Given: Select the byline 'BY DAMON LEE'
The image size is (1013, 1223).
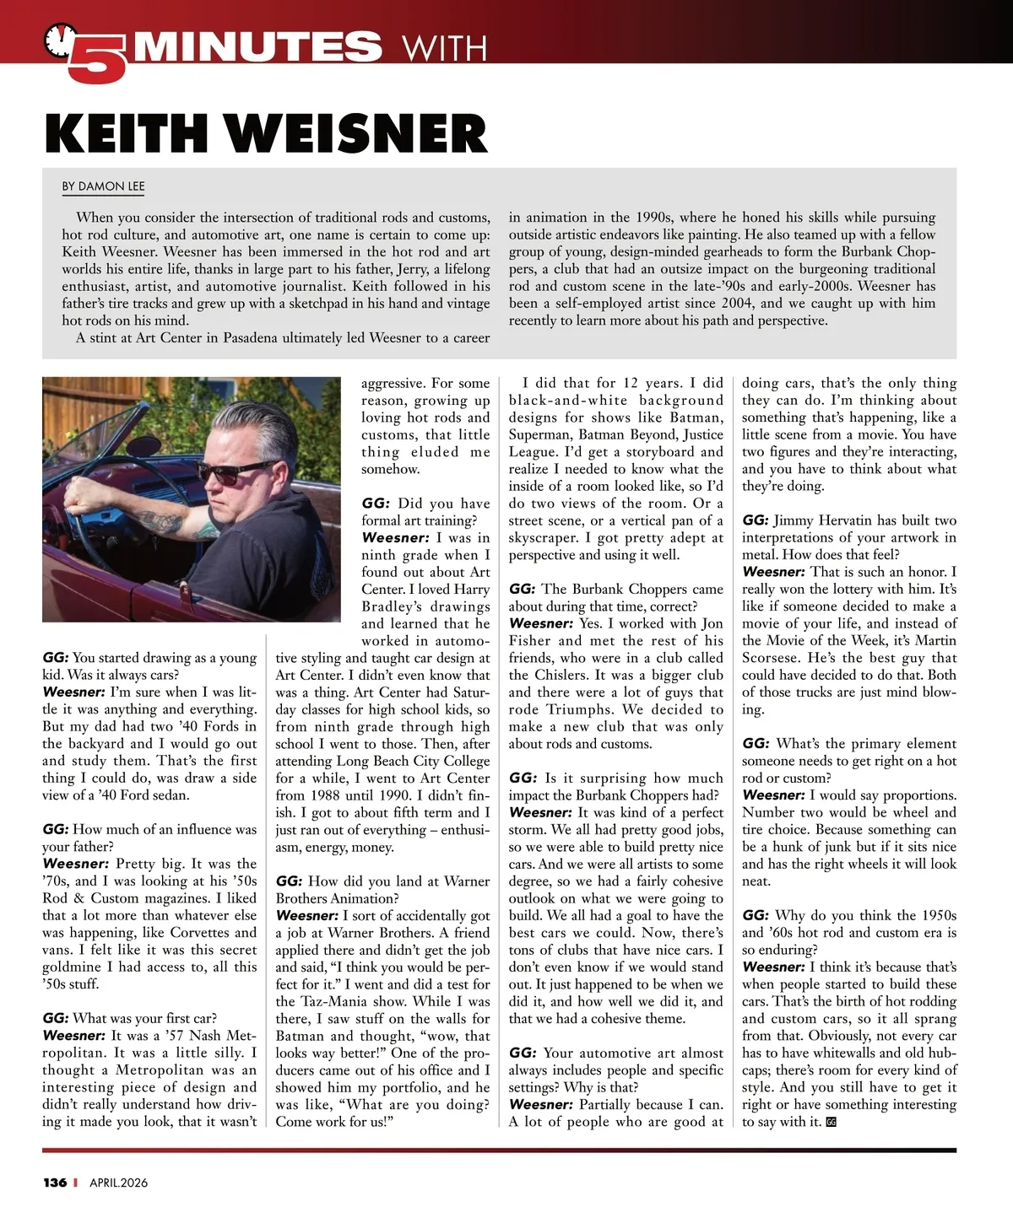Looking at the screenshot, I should (103, 186).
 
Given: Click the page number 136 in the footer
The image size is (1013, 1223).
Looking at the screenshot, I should (55, 1183).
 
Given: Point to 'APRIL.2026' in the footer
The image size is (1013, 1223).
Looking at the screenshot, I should (118, 1183).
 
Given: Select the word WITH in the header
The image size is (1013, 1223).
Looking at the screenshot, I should (445, 48).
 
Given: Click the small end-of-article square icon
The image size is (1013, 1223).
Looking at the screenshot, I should (831, 1122).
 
